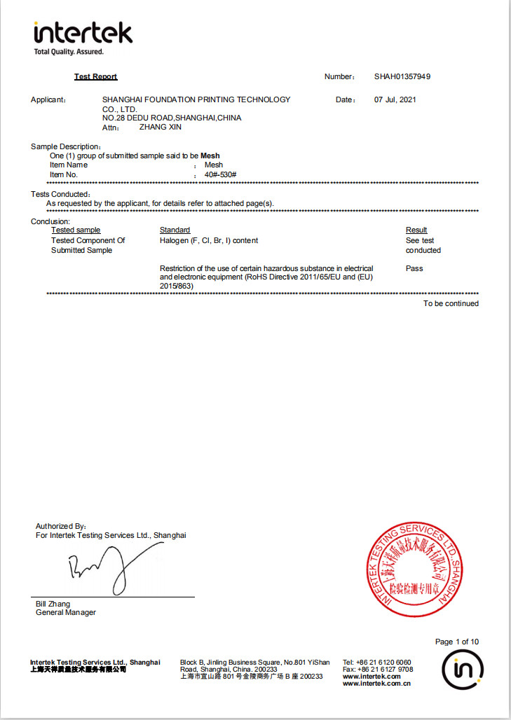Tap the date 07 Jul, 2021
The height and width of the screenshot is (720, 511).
pos(395,99)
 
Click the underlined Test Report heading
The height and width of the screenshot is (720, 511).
pos(96,76)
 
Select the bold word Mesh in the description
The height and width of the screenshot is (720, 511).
pos(210,155)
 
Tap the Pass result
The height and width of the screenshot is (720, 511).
pos(414,268)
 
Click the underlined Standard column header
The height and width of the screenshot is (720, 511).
pos(175,230)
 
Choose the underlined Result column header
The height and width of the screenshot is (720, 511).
pos(416,230)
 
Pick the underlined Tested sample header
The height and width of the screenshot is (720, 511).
pos(76,230)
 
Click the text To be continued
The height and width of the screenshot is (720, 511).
pos(451,303)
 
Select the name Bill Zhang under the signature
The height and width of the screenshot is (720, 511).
pos(53,604)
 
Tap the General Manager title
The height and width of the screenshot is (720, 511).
pos(66,613)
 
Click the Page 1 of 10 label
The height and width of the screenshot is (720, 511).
pos(457,642)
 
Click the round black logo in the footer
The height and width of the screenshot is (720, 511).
pos(463,671)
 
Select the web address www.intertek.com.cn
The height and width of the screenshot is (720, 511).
pos(376,684)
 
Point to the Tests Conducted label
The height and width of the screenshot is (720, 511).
pos(60,194)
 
